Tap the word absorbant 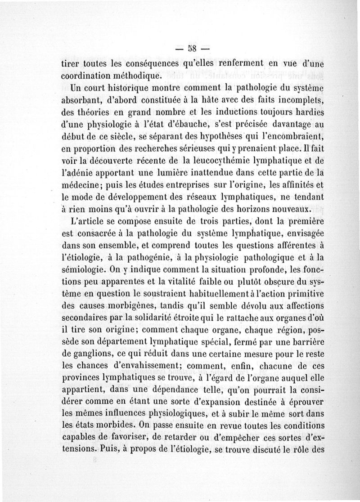84,98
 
